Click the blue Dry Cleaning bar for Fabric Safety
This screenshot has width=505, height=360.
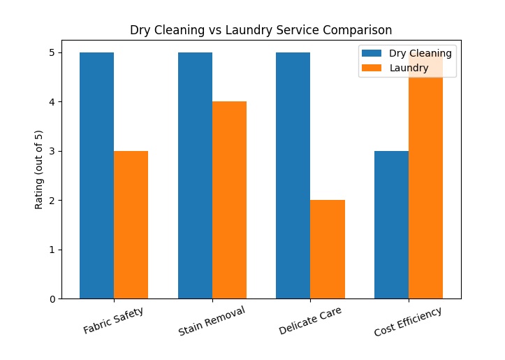[x=96, y=175]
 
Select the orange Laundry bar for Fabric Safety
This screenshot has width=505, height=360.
[x=131, y=224]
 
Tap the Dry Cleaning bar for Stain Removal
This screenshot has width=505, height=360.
[x=195, y=175]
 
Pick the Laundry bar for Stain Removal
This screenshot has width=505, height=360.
[x=229, y=200]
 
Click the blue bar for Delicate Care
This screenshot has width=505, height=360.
[x=293, y=175]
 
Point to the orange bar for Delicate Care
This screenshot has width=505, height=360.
[x=328, y=249]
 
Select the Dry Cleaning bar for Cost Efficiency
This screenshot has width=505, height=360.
[x=391, y=224]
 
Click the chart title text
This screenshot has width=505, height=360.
[x=261, y=30]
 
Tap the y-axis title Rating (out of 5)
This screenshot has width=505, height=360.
[x=39, y=170]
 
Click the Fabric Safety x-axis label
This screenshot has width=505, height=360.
[x=114, y=320]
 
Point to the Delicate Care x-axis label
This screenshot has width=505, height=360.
[x=310, y=321]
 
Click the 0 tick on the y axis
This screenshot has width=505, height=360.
[x=52, y=299]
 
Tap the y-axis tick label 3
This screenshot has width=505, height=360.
[x=52, y=151]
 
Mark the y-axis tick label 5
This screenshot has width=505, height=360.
[x=52, y=52]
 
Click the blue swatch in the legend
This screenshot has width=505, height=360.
[x=373, y=53]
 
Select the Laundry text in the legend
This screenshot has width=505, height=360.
[x=409, y=68]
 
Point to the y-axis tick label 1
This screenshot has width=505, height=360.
[x=52, y=250]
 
